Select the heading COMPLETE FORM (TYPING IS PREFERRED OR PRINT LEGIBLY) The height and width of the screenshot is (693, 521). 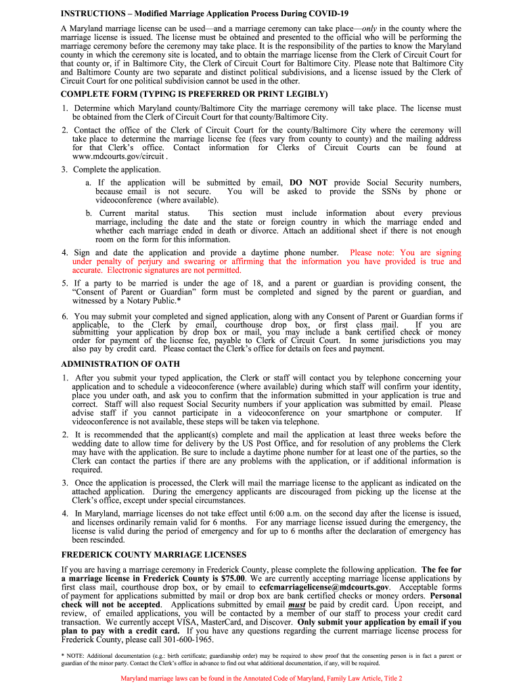(x=194, y=94)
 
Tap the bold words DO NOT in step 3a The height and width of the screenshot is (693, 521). (x=308, y=183)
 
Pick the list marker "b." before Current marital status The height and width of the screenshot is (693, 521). (x=89, y=213)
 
